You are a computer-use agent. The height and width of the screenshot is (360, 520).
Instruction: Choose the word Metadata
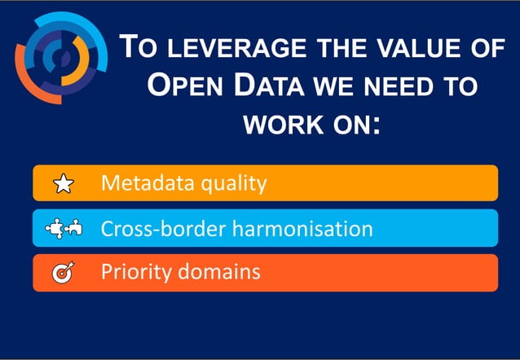click(146, 183)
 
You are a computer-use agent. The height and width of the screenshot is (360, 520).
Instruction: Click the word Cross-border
click(163, 228)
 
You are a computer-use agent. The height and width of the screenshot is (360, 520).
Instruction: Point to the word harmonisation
click(302, 228)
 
